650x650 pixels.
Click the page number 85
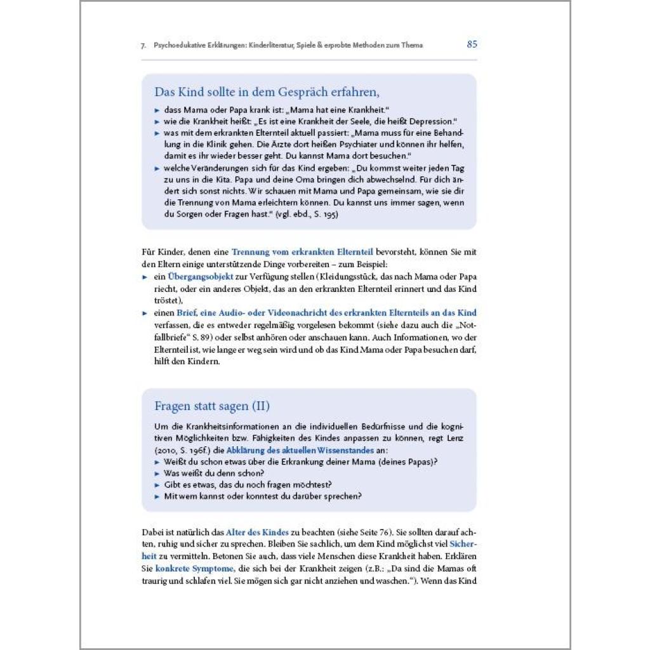[x=472, y=44]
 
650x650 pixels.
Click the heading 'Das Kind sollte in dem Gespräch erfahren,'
[x=267, y=92]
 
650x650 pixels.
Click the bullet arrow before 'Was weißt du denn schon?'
[x=157, y=474]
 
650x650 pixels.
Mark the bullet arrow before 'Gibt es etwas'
[x=157, y=485]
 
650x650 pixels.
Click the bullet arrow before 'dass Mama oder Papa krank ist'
[x=157, y=110]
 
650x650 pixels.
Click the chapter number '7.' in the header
[x=144, y=46]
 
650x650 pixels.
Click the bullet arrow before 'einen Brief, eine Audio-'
[x=145, y=314]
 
